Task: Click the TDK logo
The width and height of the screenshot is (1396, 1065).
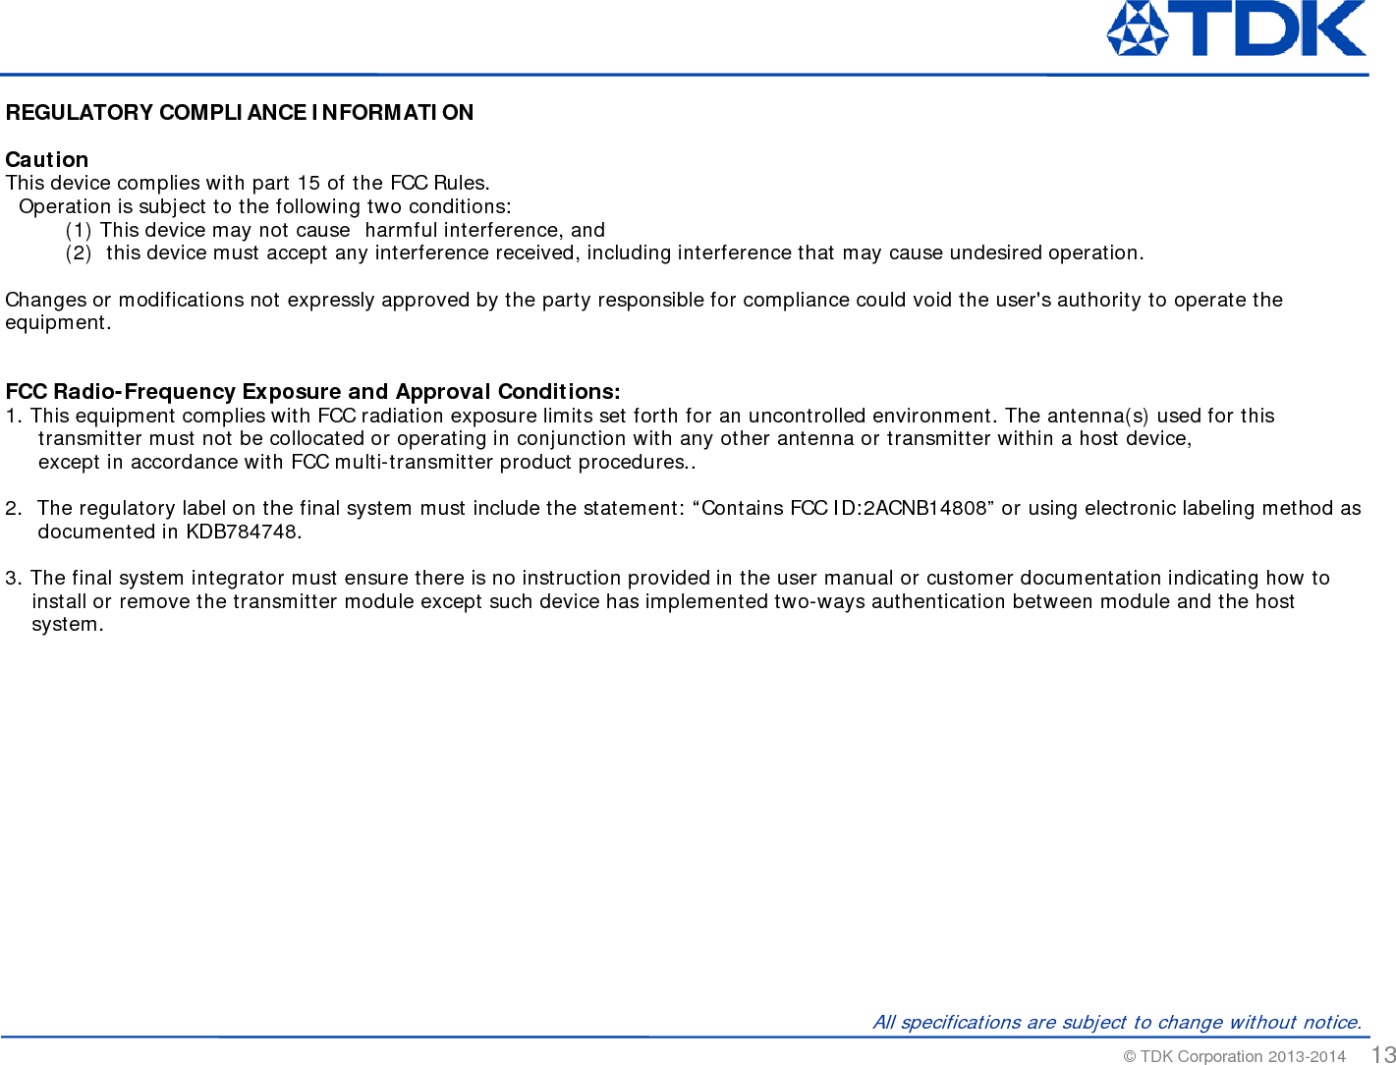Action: pos(1236,28)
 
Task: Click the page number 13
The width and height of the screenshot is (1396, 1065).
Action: pos(1383,1054)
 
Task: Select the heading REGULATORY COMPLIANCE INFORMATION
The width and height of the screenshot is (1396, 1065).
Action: pos(240,112)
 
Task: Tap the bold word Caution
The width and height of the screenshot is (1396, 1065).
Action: pos(47,159)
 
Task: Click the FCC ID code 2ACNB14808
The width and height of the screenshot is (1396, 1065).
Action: pos(924,508)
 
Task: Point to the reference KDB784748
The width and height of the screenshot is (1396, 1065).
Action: pos(242,532)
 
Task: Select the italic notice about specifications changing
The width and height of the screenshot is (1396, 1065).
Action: pos(1117,1022)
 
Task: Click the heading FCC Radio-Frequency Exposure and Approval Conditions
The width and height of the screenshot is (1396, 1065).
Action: pos(312,392)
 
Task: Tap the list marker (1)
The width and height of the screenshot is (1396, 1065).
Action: pos(79,230)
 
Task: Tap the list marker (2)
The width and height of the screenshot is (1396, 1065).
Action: pos(79,252)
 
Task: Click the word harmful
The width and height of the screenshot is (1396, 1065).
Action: pos(401,230)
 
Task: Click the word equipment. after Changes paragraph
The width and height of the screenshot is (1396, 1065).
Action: pos(58,322)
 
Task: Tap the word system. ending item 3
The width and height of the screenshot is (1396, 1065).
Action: pos(67,624)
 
